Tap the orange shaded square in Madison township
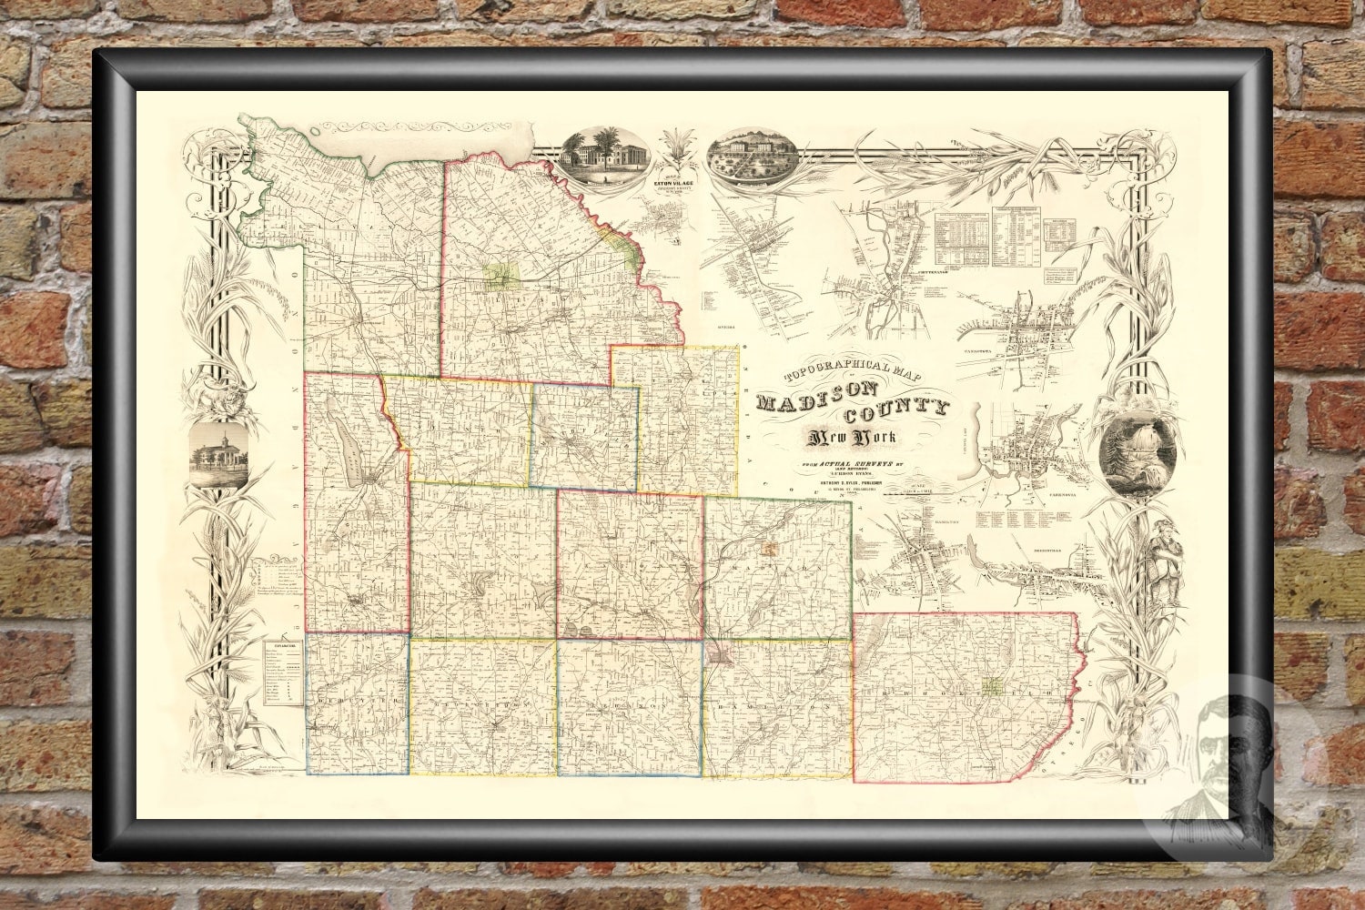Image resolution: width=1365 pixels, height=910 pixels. (771, 549)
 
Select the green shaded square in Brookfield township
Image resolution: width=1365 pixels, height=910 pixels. (991, 685)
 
